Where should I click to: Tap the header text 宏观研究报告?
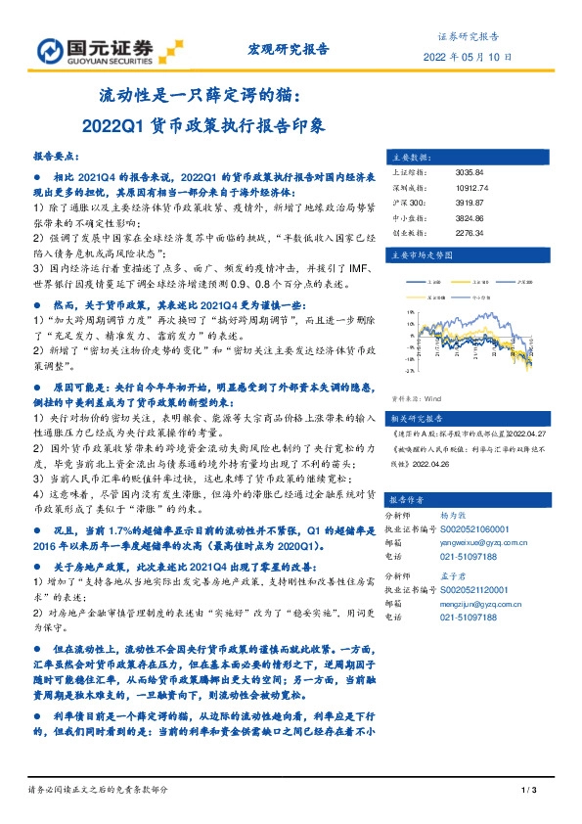point(290,48)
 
